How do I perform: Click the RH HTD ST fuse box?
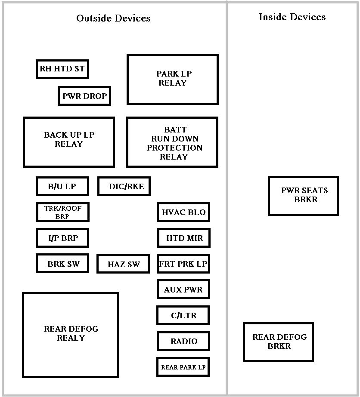pos(62,69)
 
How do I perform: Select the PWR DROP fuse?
pos(84,96)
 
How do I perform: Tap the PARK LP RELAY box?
pos(173,79)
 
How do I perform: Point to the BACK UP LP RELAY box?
pos(69,142)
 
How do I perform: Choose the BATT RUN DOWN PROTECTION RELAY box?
pos(172,142)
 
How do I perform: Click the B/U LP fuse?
pos(62,187)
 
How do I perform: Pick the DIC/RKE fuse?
pos(124,187)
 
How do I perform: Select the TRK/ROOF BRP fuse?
pos(63,212)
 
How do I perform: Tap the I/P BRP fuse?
pos(62,238)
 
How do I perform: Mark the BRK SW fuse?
pos(62,264)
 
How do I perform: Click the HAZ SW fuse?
pos(123,264)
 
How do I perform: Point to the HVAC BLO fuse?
pos(183,212)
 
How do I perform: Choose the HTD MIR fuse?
pos(184,238)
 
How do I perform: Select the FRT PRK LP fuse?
pos(183,264)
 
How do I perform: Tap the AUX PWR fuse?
pos(183,289)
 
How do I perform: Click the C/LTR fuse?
pos(183,315)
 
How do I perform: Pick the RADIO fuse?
pos(183,341)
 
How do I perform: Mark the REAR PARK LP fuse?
pos(183,367)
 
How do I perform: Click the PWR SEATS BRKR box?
pos(303,196)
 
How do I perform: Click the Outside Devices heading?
pos(113,18)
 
